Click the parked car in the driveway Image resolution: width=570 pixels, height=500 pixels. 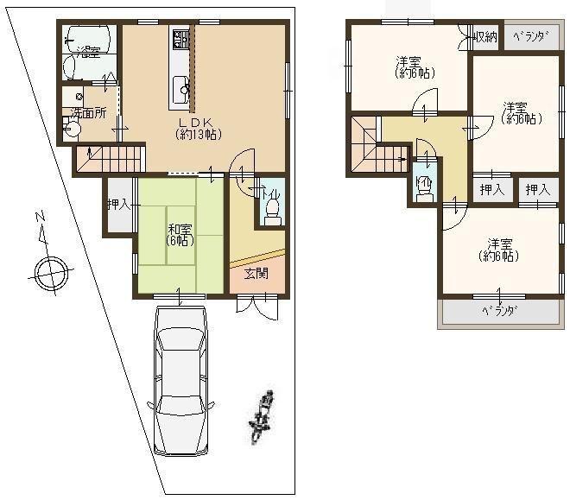(x=180, y=380)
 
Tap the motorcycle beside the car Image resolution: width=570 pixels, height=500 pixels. (x=262, y=416)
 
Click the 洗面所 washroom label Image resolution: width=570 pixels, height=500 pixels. (x=88, y=113)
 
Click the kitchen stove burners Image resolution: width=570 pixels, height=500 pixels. (x=180, y=39)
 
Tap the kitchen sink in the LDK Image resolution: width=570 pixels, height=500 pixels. (x=181, y=86)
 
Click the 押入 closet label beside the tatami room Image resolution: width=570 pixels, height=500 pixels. (x=118, y=206)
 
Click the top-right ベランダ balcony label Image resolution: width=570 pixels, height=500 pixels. (x=530, y=36)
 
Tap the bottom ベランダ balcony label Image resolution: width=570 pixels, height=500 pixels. (x=499, y=311)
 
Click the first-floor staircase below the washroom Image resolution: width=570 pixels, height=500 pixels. (x=109, y=159)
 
